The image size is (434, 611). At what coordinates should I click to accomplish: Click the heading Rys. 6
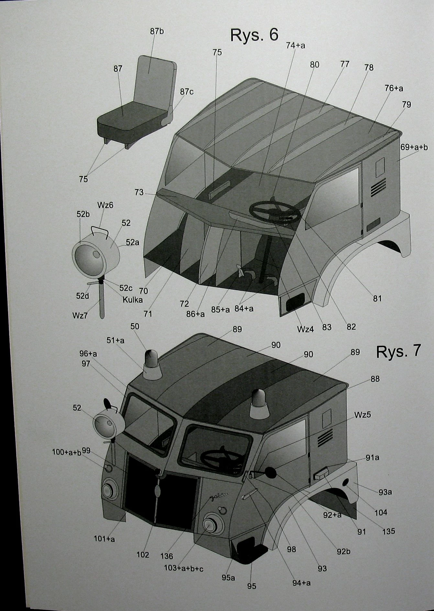[254, 35]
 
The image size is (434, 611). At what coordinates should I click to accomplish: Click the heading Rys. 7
[398, 351]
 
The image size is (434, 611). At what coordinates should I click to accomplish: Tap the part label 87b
[157, 31]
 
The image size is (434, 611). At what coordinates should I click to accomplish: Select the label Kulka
[132, 300]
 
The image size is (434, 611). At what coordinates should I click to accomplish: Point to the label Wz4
[306, 329]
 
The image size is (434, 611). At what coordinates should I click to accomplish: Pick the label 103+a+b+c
[183, 568]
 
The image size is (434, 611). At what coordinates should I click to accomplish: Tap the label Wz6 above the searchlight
[105, 205]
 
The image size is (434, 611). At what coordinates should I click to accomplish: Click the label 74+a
[295, 46]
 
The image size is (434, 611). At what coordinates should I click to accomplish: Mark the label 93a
[385, 492]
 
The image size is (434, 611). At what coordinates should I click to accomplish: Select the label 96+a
[88, 354]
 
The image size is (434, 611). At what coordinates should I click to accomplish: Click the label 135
[388, 531]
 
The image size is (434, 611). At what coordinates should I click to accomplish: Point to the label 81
[377, 298]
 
